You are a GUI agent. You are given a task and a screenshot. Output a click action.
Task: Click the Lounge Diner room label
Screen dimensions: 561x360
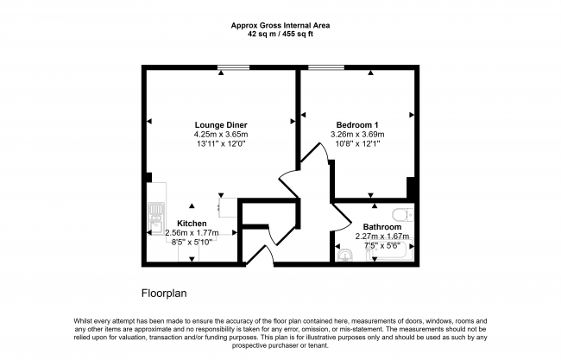tap(221, 125)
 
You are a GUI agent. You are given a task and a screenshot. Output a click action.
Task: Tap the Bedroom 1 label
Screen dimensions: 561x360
tap(357, 125)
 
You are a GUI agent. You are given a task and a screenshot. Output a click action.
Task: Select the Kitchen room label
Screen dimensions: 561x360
tap(192, 224)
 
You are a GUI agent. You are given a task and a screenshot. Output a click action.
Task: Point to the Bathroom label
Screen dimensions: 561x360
tap(382, 227)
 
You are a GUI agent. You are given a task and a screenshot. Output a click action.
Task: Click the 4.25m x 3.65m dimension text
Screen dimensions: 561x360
tap(221, 135)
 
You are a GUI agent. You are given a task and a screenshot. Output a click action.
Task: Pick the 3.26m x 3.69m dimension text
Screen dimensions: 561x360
tap(357, 135)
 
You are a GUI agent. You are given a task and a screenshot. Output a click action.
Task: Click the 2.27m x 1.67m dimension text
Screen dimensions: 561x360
tap(382, 237)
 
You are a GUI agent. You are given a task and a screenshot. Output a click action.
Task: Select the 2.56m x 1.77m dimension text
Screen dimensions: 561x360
tap(192, 233)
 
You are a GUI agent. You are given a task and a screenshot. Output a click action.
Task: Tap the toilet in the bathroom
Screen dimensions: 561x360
tap(403, 215)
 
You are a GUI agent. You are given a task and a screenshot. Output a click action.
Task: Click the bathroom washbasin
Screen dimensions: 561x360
tap(345, 256)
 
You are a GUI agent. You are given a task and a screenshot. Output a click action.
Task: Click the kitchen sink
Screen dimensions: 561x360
tap(156, 218)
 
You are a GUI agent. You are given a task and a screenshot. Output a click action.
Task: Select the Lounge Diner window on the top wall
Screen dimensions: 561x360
tap(234, 67)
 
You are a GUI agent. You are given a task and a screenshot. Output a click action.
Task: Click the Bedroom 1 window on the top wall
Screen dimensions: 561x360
tap(326, 67)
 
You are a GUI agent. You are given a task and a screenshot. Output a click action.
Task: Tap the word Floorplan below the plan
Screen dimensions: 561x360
tap(164, 294)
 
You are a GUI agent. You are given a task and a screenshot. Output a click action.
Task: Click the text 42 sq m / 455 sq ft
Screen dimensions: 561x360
tap(280, 35)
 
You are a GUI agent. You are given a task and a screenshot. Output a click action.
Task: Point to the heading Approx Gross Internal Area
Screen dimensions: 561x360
tap(280, 25)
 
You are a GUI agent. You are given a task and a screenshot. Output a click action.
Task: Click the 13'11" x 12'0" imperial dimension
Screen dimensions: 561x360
tap(221, 144)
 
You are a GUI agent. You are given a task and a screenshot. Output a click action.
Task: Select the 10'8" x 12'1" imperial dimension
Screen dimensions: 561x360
tap(357, 144)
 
